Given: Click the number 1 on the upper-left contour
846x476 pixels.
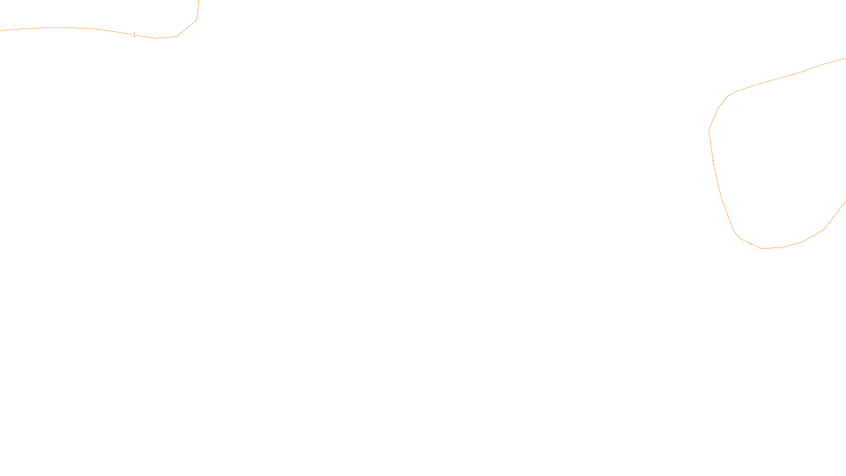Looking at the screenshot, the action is point(134,35).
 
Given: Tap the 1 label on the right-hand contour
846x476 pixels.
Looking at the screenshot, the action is point(713,163).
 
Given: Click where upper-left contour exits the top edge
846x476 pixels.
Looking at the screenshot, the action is point(198,1).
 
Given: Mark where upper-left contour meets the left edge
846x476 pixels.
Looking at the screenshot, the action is point(1,30).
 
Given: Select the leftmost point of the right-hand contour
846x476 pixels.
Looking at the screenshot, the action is point(709,130).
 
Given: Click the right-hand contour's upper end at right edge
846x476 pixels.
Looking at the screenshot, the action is point(844,58).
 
